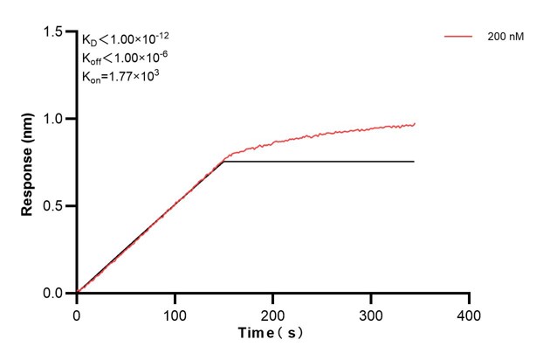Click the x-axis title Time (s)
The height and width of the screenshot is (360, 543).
click(271, 333)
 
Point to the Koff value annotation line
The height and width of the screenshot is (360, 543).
click(126, 59)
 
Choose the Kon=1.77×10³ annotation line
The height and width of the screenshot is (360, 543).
click(120, 76)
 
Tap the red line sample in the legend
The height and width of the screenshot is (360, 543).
click(459, 38)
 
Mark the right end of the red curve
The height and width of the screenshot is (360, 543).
click(415, 124)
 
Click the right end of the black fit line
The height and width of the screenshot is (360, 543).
click(414, 162)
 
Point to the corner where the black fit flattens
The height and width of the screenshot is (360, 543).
click(224, 162)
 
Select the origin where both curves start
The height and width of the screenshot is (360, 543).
click(77, 293)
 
